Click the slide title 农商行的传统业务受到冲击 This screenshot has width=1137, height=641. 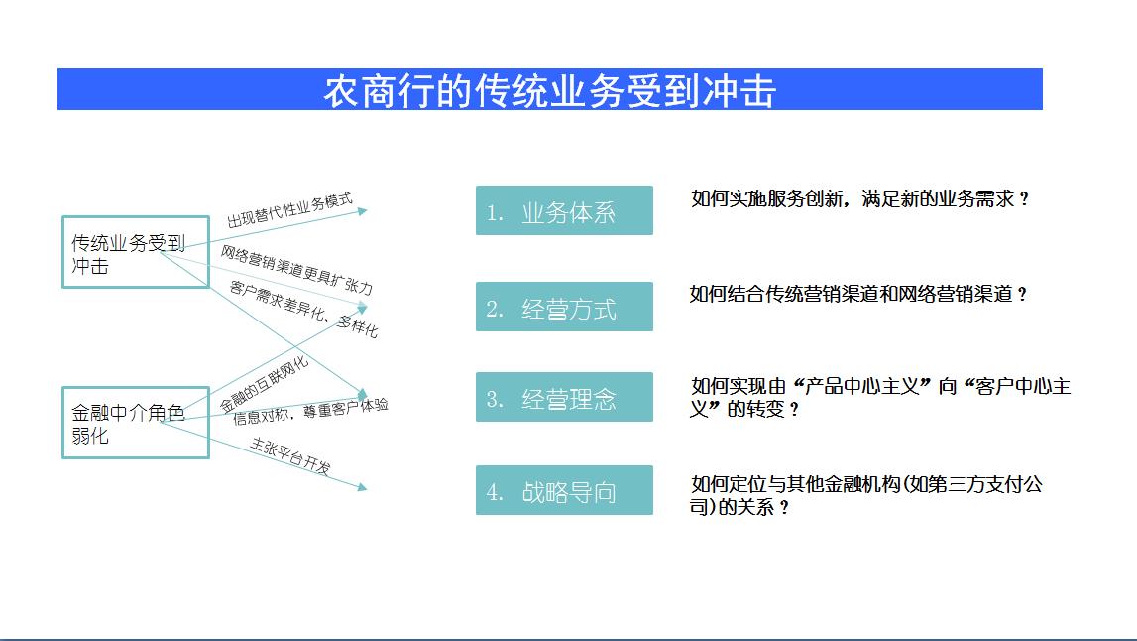(549, 91)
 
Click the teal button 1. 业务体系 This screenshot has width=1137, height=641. (564, 210)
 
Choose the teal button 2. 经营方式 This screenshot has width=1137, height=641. (564, 307)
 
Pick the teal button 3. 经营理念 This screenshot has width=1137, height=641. (564, 397)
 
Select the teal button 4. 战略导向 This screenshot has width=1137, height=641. (564, 490)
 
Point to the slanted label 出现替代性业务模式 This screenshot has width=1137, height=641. (289, 209)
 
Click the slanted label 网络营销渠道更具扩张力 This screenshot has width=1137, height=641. (296, 270)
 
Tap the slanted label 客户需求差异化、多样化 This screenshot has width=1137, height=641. (304, 310)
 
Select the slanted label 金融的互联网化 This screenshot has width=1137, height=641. (264, 385)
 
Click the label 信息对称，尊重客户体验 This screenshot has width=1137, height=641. (310, 412)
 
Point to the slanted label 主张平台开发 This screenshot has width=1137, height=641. (290, 455)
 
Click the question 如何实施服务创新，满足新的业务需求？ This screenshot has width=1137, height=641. (860, 198)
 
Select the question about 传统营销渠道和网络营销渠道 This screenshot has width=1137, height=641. (858, 294)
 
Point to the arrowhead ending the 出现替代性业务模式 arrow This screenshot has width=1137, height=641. (363, 211)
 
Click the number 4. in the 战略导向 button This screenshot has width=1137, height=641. (495, 492)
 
